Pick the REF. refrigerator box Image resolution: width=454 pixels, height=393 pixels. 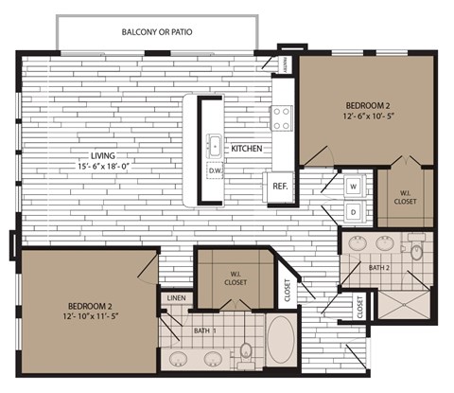pos(281,187)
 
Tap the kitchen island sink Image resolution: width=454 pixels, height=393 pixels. pos(216,147)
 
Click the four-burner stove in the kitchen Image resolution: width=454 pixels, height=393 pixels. pos(282,117)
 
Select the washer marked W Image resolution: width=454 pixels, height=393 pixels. pos(353,187)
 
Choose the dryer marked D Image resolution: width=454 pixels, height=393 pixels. pos(353,212)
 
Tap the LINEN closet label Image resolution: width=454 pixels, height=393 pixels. pos(177,298)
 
